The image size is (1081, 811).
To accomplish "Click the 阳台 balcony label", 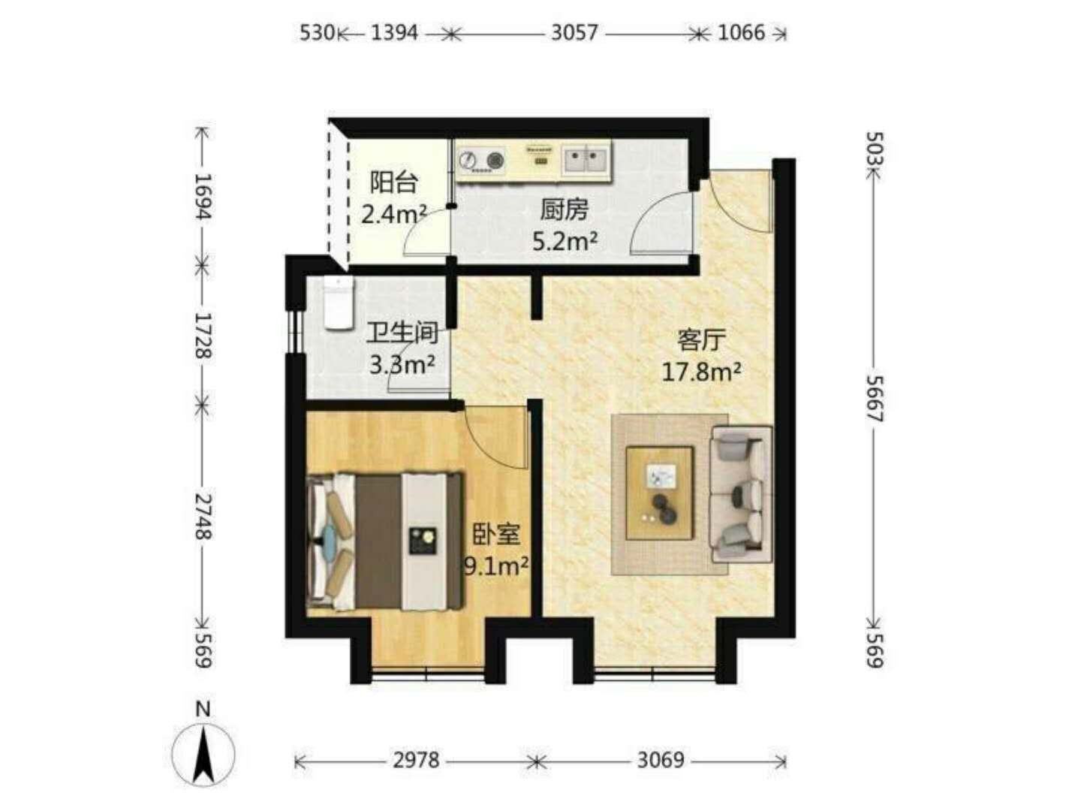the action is [393, 182].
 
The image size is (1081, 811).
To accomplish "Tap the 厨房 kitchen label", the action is [564, 210].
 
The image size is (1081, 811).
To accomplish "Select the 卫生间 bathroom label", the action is [402, 332].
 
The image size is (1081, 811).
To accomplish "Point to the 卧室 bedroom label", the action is [496, 534].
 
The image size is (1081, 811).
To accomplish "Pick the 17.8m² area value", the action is [701, 372].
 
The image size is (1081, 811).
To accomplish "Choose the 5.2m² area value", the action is [565, 241].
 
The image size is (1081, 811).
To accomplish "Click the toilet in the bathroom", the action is [339, 303].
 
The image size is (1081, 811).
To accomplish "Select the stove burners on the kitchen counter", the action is [482, 160].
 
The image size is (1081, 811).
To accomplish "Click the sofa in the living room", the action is [741, 494].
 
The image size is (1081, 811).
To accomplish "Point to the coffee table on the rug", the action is [659, 493].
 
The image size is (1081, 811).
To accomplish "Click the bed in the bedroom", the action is [384, 541].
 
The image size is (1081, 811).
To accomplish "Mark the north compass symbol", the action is [203, 755].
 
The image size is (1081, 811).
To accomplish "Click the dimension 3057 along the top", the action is [574, 33].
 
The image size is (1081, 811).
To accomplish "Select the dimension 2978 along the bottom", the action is [416, 760].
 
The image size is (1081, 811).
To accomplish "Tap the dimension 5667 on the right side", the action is [875, 399].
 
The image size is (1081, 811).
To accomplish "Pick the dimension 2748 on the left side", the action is [203, 517].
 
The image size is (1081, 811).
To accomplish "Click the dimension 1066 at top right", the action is [741, 33].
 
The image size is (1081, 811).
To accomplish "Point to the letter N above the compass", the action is [203, 709].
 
